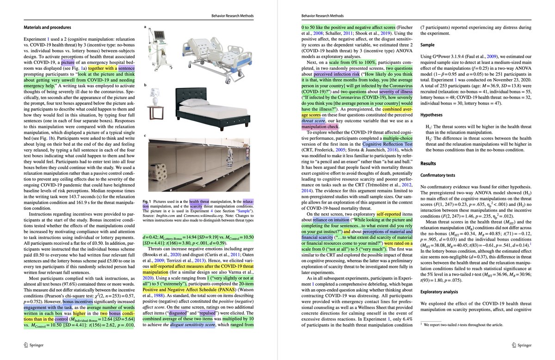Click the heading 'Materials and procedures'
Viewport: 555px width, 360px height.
point(47,27)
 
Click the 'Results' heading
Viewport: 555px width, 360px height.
point(430,164)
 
